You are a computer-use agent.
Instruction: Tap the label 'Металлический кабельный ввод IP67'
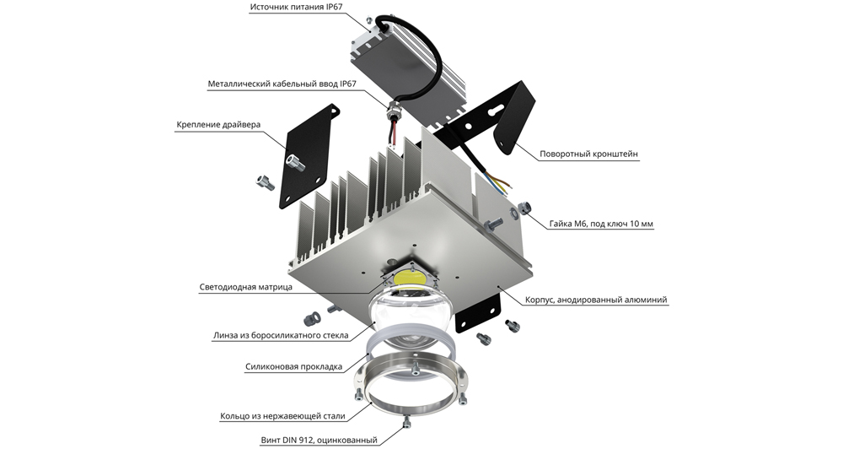282,84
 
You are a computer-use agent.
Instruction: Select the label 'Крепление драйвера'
218,125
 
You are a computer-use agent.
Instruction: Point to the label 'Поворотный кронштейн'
588,154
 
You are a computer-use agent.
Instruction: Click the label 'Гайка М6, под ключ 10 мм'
602,224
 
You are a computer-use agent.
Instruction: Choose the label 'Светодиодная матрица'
245,287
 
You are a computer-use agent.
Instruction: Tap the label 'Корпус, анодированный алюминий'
596,300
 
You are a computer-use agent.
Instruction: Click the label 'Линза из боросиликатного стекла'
281,335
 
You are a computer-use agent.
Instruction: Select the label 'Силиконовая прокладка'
293,367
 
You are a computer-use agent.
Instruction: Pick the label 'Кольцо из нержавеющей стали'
282,416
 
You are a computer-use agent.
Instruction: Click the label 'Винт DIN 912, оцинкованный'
319,441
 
